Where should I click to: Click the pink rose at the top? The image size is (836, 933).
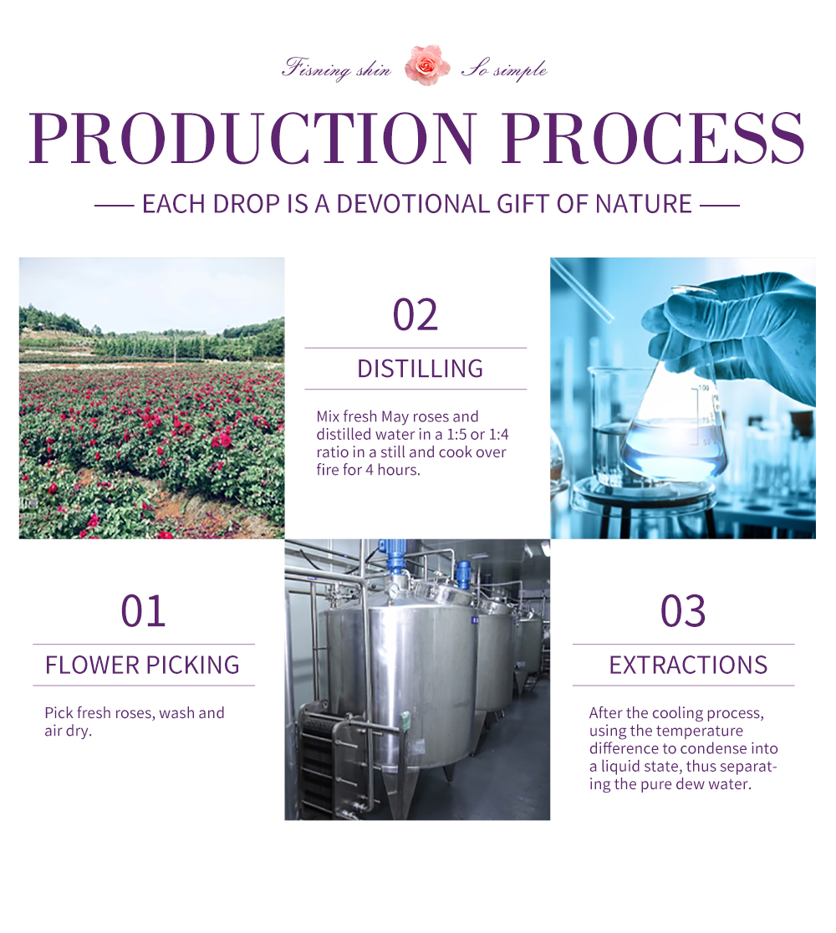(426, 65)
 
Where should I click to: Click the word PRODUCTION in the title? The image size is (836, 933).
(253, 137)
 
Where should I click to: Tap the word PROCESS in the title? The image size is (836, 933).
(653, 137)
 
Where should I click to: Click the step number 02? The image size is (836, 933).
(415, 315)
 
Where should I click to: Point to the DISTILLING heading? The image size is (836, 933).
(420, 369)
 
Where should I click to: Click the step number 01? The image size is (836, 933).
(143, 611)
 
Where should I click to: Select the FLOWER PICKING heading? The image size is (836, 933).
(142, 665)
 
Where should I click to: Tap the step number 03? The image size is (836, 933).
(683, 611)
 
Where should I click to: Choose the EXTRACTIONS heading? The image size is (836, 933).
(688, 665)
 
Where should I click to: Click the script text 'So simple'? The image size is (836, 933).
(505, 69)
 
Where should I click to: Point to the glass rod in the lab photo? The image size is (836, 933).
(581, 292)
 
